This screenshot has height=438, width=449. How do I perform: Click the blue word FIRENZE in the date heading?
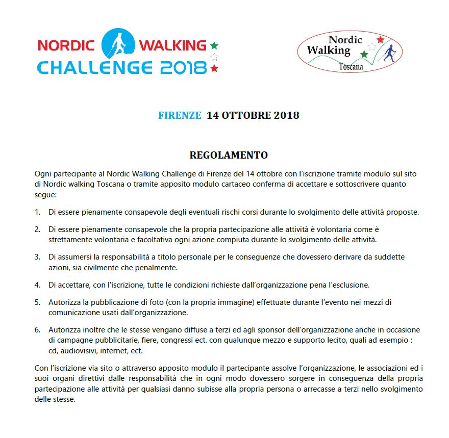tap(180, 115)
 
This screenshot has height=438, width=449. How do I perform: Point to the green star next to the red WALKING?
tap(214, 45)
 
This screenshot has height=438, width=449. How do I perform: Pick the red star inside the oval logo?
tap(380, 40)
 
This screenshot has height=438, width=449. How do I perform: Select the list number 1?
tap(37, 212)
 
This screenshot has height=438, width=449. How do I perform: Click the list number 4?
tap(37, 285)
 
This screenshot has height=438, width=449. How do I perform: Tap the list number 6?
tap(37, 329)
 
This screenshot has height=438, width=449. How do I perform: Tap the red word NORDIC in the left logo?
tap(66, 45)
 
